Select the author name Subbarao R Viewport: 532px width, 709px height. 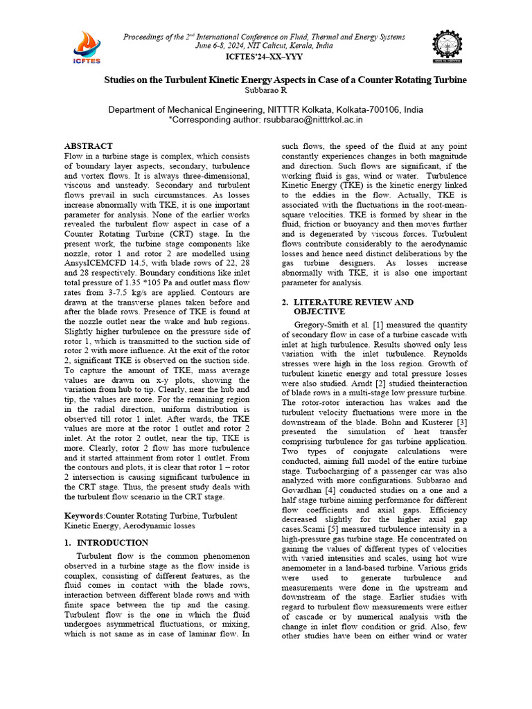coord(266,90)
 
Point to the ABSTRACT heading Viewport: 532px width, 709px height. coord(88,146)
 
